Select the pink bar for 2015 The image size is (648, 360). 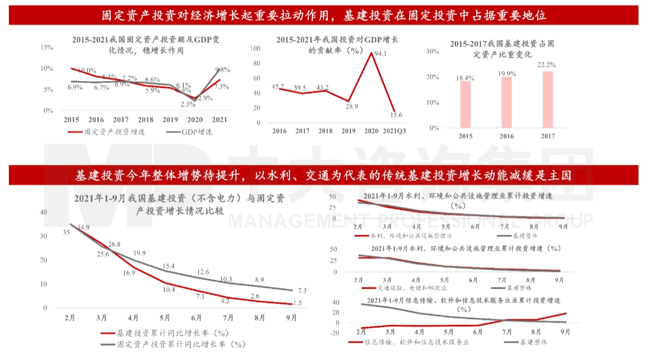(465, 104)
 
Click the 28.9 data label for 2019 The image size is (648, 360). (348, 106)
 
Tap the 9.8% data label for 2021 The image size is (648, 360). (223, 69)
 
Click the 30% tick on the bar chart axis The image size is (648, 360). (432, 52)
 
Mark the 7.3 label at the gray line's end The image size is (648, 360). (302, 290)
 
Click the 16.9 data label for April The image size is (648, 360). (129, 273)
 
